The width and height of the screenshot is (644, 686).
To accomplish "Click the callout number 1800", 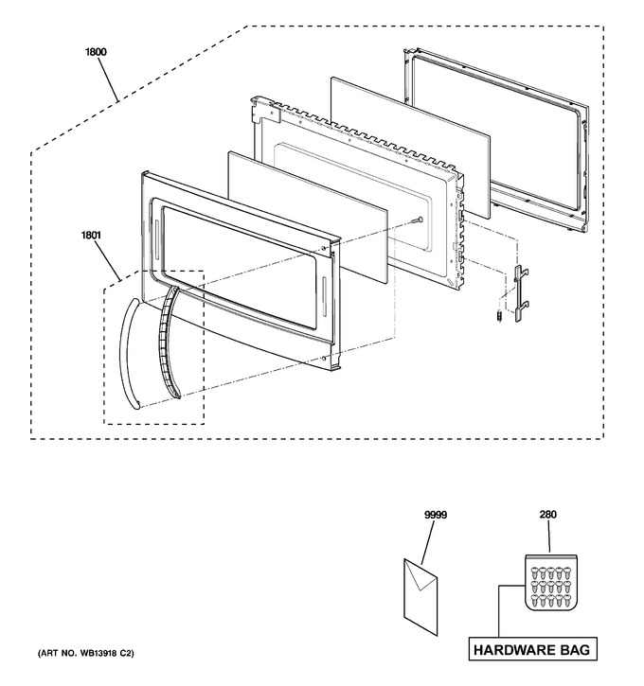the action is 96,52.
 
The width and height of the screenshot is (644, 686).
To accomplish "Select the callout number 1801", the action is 91,236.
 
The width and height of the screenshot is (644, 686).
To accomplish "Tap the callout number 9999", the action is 436,515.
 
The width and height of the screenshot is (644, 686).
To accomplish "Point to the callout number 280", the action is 547,515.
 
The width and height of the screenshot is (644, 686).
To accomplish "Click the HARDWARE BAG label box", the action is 532,650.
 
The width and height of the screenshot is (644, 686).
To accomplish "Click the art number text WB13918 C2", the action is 105,653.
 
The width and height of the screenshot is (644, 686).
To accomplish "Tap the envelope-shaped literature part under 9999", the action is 420,597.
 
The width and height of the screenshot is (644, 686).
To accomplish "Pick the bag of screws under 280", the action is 551,582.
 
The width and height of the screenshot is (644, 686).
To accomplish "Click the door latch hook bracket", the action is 521,291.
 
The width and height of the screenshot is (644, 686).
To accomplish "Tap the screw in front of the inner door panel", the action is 418,220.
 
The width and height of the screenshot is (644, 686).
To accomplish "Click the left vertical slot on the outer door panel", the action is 156,239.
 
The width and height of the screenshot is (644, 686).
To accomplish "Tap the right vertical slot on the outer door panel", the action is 324,296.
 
